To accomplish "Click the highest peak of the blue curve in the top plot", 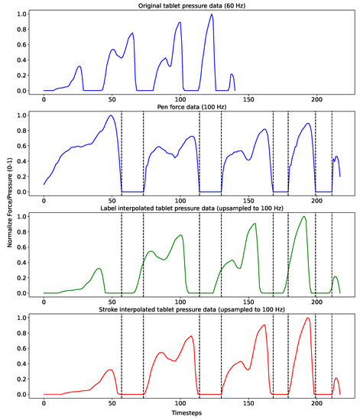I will point(211,15).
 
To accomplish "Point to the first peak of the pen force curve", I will point(112,116).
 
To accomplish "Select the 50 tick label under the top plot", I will point(112,99).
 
